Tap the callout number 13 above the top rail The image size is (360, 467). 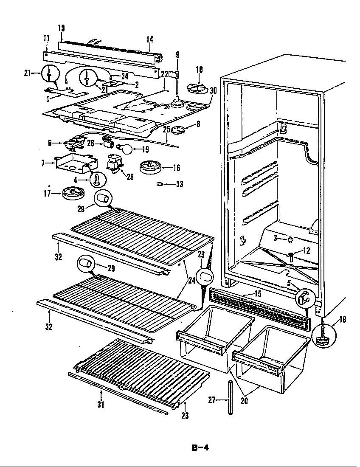coord(61,28)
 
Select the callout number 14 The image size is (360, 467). coord(150,39)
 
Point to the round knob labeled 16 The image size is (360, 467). coord(150,167)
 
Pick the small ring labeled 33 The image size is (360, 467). coord(160,184)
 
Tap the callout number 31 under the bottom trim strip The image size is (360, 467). coord(101,405)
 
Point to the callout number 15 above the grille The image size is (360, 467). coord(258,293)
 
